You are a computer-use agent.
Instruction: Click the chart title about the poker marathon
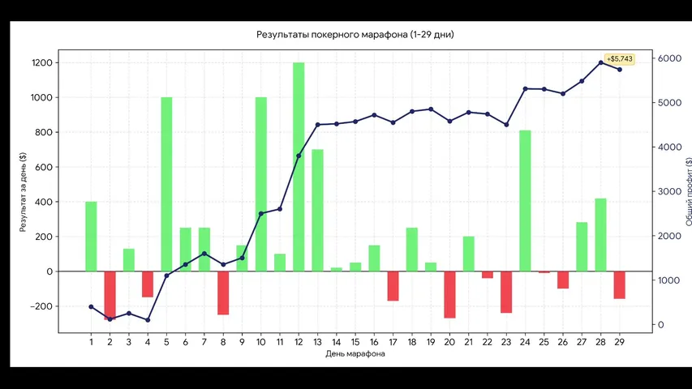355,34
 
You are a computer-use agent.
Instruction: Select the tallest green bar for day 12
299,167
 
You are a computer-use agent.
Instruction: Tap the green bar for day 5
166,184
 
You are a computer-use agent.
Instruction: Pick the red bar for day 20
449,295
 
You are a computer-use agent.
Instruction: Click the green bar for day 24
525,201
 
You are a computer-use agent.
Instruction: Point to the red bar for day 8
223,293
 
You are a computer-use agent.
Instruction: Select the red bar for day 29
619,285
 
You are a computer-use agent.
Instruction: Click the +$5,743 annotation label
620,58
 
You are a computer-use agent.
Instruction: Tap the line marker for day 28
600,62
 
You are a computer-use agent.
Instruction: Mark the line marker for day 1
92,307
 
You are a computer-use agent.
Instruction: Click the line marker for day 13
317,125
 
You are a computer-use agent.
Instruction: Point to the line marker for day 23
506,125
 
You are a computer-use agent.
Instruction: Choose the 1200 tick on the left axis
42,62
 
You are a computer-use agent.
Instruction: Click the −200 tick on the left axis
41,306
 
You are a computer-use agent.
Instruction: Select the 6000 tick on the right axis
669,58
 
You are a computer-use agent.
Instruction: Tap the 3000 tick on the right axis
669,191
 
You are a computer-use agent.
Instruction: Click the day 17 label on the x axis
393,342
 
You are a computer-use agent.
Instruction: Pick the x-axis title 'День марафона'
355,353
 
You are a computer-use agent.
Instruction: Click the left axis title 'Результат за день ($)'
23,192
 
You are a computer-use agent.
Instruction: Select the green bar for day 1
92,237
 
